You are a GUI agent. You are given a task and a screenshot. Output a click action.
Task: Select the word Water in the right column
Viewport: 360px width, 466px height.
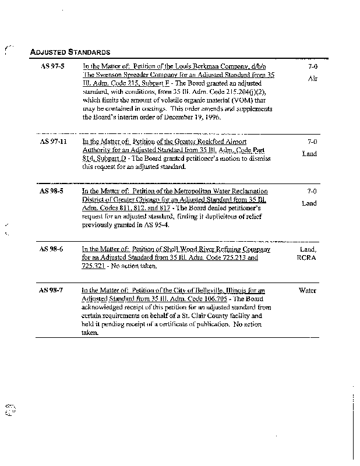307,290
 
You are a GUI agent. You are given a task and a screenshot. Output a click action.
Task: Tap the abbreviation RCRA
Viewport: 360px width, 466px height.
306,257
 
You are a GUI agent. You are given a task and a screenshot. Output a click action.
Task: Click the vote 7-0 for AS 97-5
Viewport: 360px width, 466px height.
312,67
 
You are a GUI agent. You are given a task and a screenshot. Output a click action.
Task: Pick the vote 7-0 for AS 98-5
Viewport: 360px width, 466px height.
312,191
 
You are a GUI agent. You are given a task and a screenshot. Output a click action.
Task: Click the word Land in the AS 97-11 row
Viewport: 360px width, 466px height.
309,154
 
